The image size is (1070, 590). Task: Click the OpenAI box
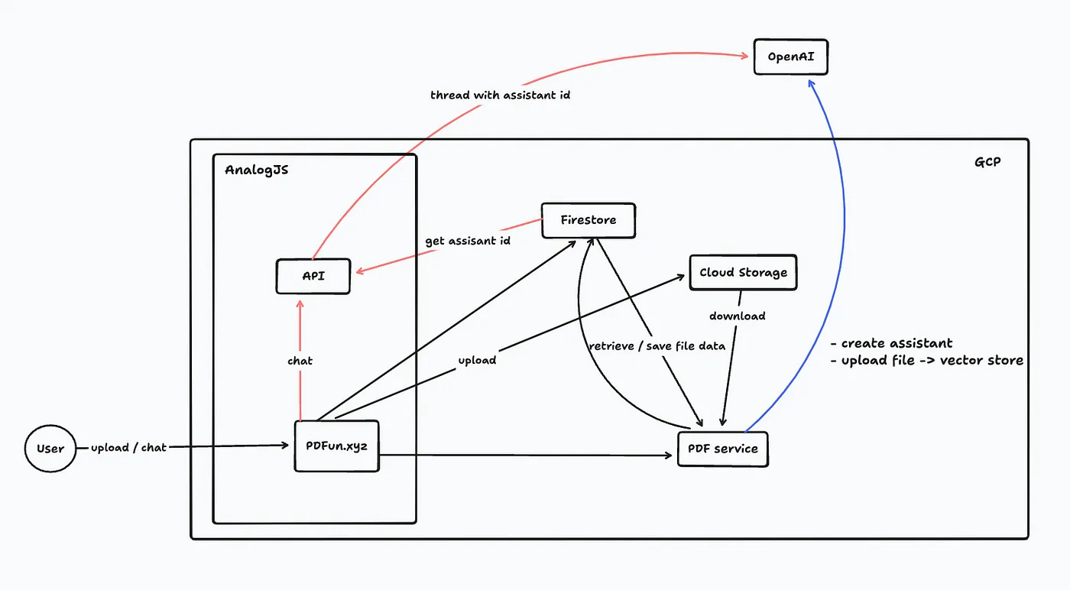pos(790,57)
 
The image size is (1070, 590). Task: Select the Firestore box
pos(588,220)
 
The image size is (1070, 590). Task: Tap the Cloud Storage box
pos(743,272)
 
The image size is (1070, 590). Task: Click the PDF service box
pos(722,449)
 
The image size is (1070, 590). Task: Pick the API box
pos(313,276)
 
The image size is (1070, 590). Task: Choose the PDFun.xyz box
pos(336,446)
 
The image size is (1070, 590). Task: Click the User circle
pos(50,448)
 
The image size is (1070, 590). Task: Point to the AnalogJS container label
pos(256,170)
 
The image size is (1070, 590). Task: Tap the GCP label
pos(987,162)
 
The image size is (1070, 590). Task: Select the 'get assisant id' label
pos(469,241)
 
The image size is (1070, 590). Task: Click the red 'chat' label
pos(300,361)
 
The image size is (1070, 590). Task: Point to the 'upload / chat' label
pos(128,447)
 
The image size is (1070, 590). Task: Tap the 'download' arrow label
pos(737,316)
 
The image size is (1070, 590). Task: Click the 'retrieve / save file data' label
pos(657,345)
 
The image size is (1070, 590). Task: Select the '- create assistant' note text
pos(891,343)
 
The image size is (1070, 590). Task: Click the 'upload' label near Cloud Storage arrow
pos(477,360)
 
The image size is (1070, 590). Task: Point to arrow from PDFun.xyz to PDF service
pos(527,455)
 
